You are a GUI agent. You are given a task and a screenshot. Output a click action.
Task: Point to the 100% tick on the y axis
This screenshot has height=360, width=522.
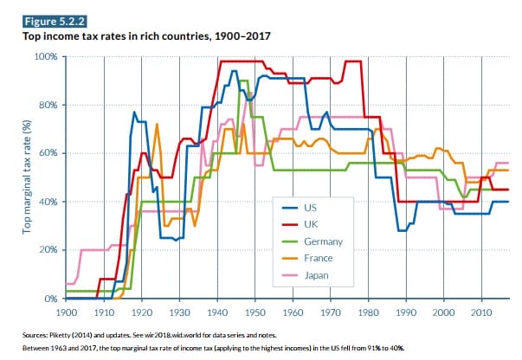point(46,57)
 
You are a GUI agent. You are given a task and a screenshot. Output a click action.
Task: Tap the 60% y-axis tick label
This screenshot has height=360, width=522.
point(48,154)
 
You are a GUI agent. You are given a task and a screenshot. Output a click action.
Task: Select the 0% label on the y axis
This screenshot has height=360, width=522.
point(51,299)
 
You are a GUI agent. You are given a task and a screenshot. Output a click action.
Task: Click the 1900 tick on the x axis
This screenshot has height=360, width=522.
point(66,311)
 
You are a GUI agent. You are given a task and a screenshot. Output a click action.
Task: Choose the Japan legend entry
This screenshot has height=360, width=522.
point(317,276)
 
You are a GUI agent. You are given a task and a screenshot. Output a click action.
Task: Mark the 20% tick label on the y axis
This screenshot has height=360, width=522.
point(48,250)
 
